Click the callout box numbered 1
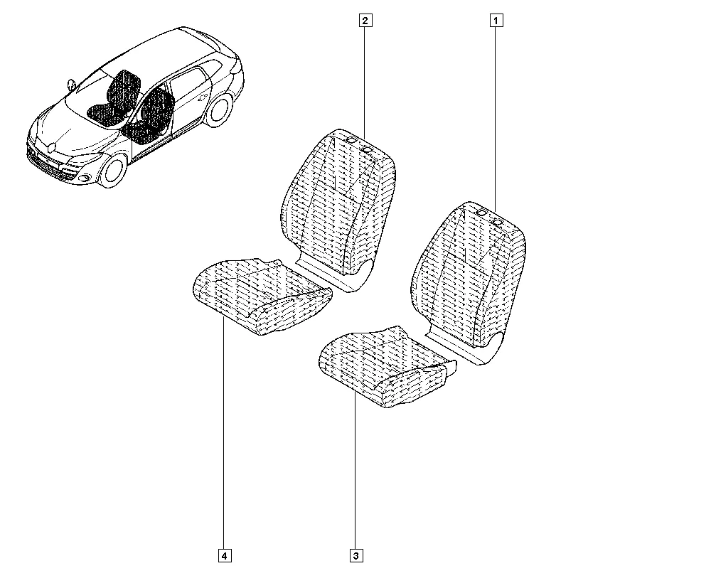496,21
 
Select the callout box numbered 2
365,21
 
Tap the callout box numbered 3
356,555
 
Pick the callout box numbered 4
225,555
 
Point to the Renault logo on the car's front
51,146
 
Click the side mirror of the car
71,85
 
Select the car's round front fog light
84,178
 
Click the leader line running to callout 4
224,434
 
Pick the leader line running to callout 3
355,471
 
